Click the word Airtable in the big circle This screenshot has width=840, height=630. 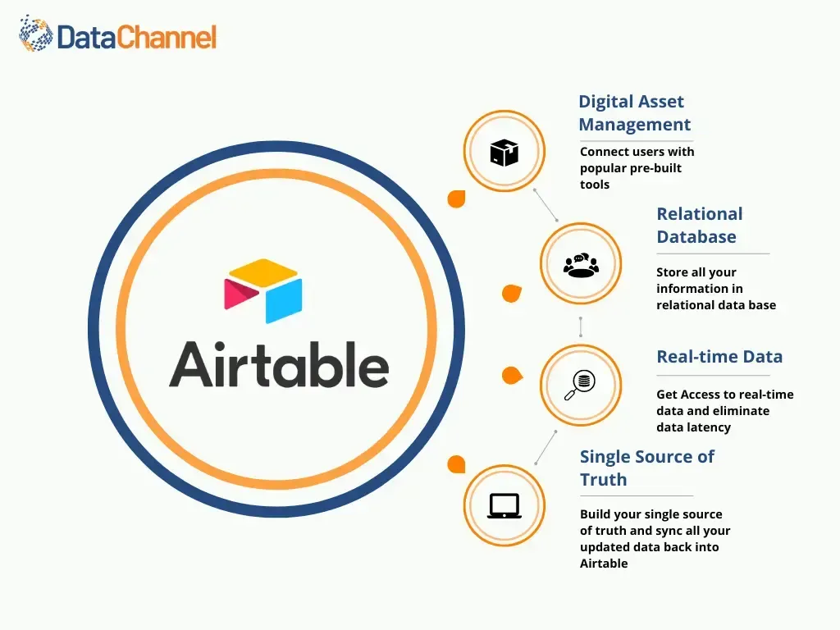[279, 364]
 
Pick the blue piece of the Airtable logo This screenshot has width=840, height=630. [284, 300]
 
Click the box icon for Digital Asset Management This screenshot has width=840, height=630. [504, 152]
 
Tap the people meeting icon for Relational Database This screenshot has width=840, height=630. [581, 264]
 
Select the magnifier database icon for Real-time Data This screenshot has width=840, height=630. [581, 385]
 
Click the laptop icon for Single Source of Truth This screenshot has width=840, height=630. [504, 505]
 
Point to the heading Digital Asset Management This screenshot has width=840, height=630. [634, 113]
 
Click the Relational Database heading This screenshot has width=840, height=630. [699, 226]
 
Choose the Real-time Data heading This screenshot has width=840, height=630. [719, 357]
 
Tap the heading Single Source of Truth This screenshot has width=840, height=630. [646, 468]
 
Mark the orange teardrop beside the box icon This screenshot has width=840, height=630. [456, 199]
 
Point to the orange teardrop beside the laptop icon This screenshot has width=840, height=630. [456, 465]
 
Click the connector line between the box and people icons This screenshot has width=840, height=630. [546, 205]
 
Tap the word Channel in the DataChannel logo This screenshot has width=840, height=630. [167, 37]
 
